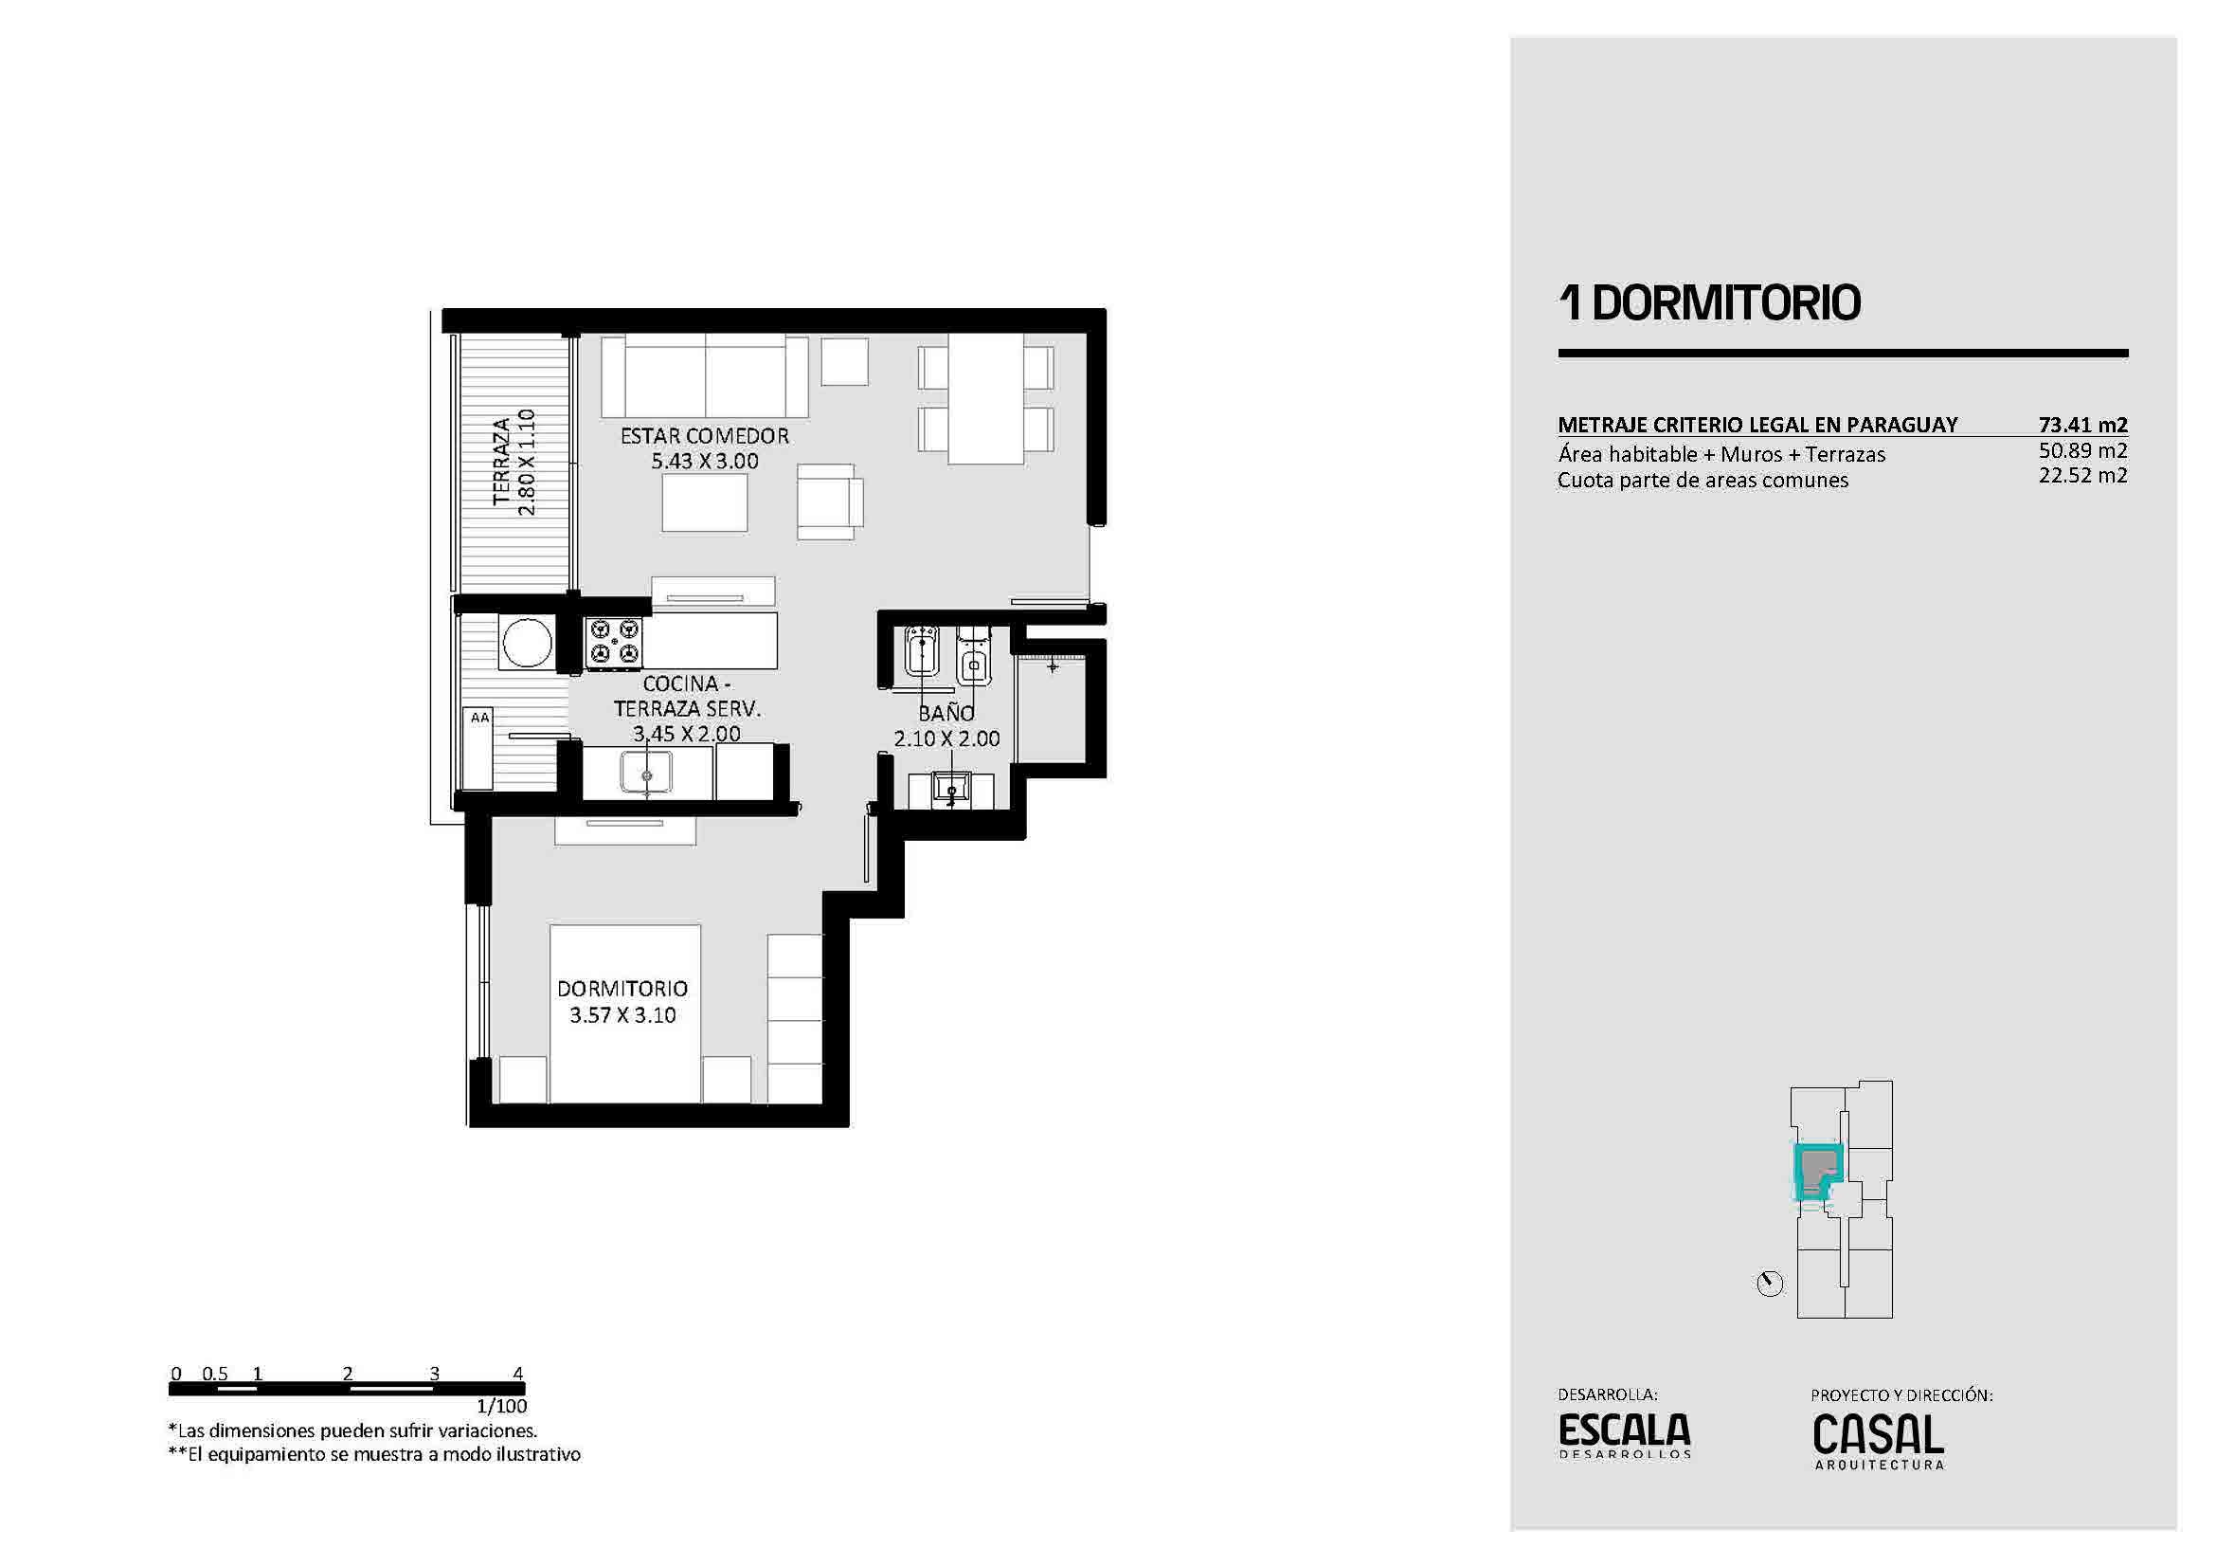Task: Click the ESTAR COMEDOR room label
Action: (x=705, y=436)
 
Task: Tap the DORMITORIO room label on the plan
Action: (x=622, y=989)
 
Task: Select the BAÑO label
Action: (x=946, y=713)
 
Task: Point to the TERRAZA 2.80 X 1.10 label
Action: (x=513, y=462)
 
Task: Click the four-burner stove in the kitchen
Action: (x=615, y=643)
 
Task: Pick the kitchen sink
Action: (x=646, y=773)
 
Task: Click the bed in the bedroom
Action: (x=624, y=1012)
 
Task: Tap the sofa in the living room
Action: (x=705, y=375)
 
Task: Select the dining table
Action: (x=985, y=399)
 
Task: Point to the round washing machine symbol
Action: (x=527, y=641)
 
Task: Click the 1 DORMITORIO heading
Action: (x=1709, y=302)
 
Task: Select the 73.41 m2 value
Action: (x=2082, y=425)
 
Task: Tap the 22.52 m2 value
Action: (x=2082, y=475)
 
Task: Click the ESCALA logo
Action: (x=1625, y=1434)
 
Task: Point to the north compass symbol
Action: (x=1770, y=1285)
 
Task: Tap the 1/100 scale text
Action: (x=502, y=1406)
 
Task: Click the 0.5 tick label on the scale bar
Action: (x=215, y=1373)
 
